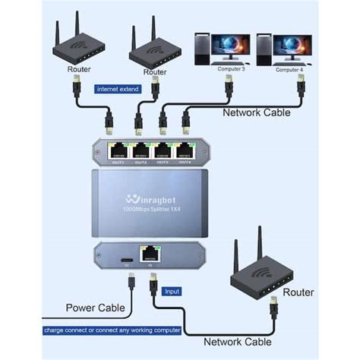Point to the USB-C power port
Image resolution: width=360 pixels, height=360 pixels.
click(x=125, y=259)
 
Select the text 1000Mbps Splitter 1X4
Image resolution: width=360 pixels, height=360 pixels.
click(x=153, y=212)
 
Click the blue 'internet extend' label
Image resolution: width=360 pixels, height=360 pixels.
click(x=118, y=89)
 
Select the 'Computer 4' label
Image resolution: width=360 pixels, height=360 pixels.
click(x=289, y=70)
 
